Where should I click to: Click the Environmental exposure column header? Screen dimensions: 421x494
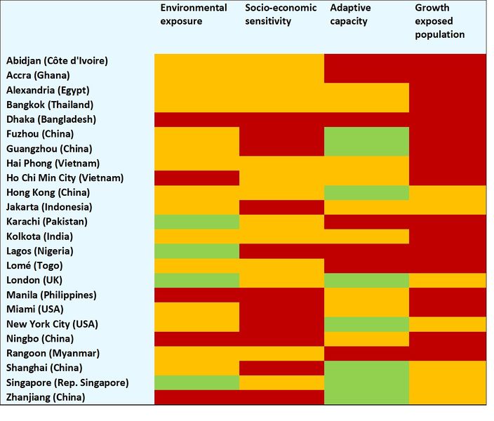(x=193, y=15)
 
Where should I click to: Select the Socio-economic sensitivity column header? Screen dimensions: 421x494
(x=281, y=15)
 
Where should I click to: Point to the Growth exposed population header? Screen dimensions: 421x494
(x=441, y=21)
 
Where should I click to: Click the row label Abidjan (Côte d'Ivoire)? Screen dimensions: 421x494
(x=57, y=60)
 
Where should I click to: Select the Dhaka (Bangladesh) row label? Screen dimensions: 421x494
(x=51, y=119)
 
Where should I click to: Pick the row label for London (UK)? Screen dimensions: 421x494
(x=34, y=281)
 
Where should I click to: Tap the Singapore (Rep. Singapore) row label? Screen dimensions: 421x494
(x=67, y=382)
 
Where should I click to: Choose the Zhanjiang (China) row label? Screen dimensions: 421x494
(x=46, y=397)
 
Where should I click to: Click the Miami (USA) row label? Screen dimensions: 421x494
(x=34, y=309)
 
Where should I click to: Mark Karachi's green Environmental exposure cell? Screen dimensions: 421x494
(x=196, y=222)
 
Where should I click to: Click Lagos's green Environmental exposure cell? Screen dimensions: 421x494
(x=196, y=251)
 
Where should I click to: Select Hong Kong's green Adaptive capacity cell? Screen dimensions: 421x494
(x=366, y=192)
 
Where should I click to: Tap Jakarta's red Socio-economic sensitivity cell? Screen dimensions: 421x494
(x=281, y=207)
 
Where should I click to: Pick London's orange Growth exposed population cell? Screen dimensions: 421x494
(x=448, y=281)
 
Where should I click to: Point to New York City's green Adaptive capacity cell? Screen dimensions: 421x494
(x=366, y=324)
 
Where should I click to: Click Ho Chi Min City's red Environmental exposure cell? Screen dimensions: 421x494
(x=196, y=178)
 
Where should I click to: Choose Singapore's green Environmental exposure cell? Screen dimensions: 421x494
(x=196, y=382)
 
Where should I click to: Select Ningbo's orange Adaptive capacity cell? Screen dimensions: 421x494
(x=366, y=339)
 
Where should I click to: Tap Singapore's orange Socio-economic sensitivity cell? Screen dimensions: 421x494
(x=281, y=382)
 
